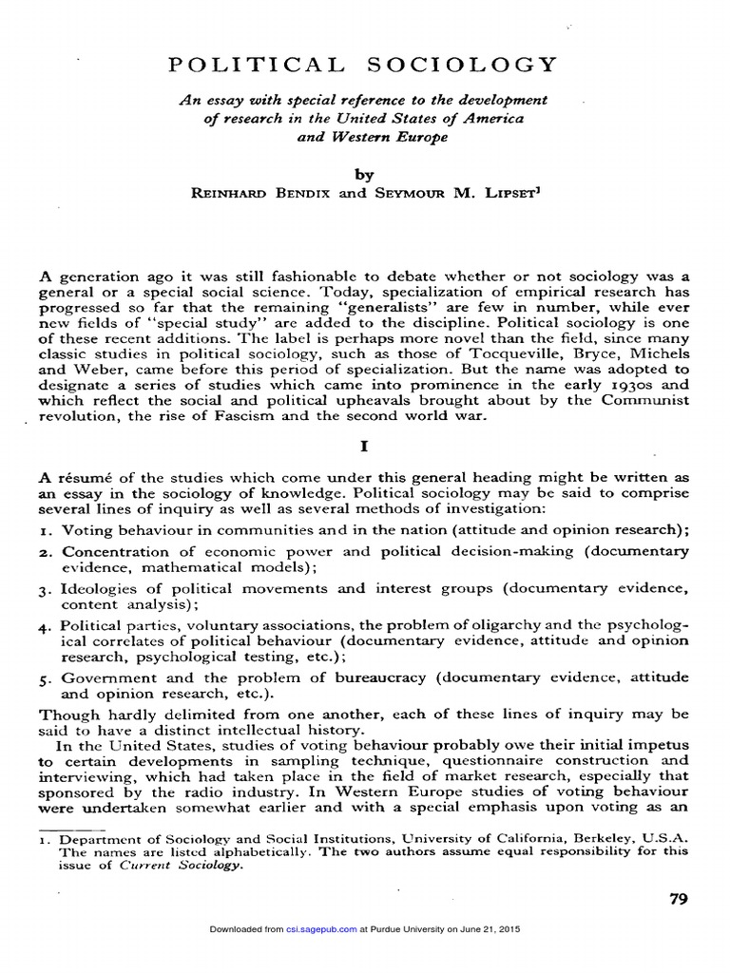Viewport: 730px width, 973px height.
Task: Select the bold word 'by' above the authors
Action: pyautogui.click(x=364, y=175)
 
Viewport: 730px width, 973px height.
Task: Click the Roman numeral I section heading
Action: pyautogui.click(x=365, y=444)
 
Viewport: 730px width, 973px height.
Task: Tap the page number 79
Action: pyautogui.click(x=678, y=900)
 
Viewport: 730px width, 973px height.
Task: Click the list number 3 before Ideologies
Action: pyautogui.click(x=45, y=590)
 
